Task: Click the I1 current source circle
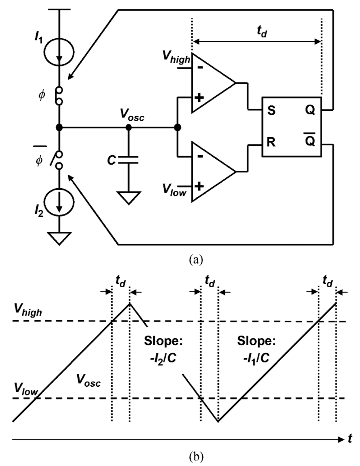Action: pyautogui.click(x=59, y=52)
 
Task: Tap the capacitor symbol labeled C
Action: pyautogui.click(x=128, y=160)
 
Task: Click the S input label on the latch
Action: pyautogui.click(x=271, y=111)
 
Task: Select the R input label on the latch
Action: pyautogui.click(x=271, y=142)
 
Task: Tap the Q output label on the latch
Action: pyautogui.click(x=310, y=111)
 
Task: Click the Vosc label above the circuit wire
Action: pyautogui.click(x=132, y=115)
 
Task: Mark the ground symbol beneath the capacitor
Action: pyautogui.click(x=128, y=198)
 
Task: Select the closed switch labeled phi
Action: pyautogui.click(x=59, y=95)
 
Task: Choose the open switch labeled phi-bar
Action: pyautogui.click(x=58, y=160)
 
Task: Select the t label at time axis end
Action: pyautogui.click(x=350, y=439)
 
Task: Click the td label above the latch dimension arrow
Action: pyautogui.click(x=262, y=32)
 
